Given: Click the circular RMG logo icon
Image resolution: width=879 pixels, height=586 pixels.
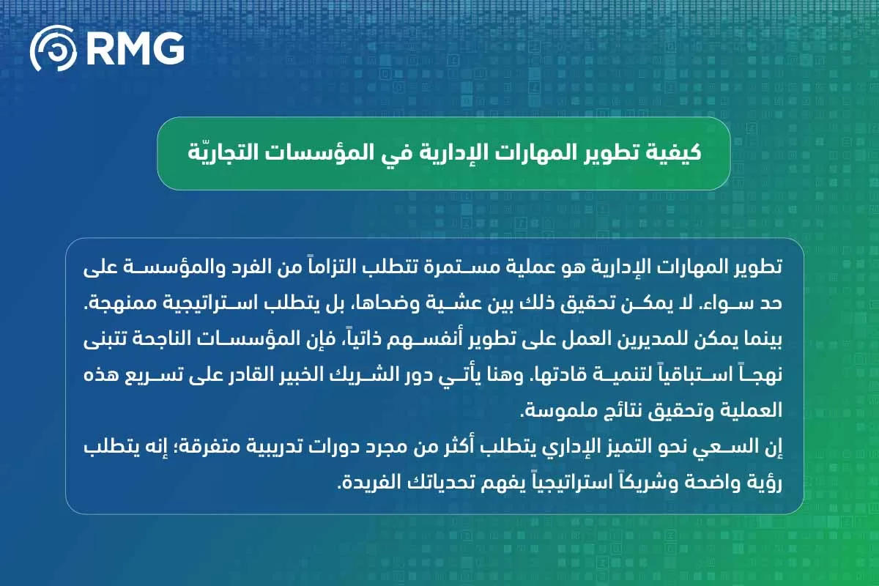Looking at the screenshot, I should tap(53, 48).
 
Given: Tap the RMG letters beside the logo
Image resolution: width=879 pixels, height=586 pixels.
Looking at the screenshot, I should tap(134, 48).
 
